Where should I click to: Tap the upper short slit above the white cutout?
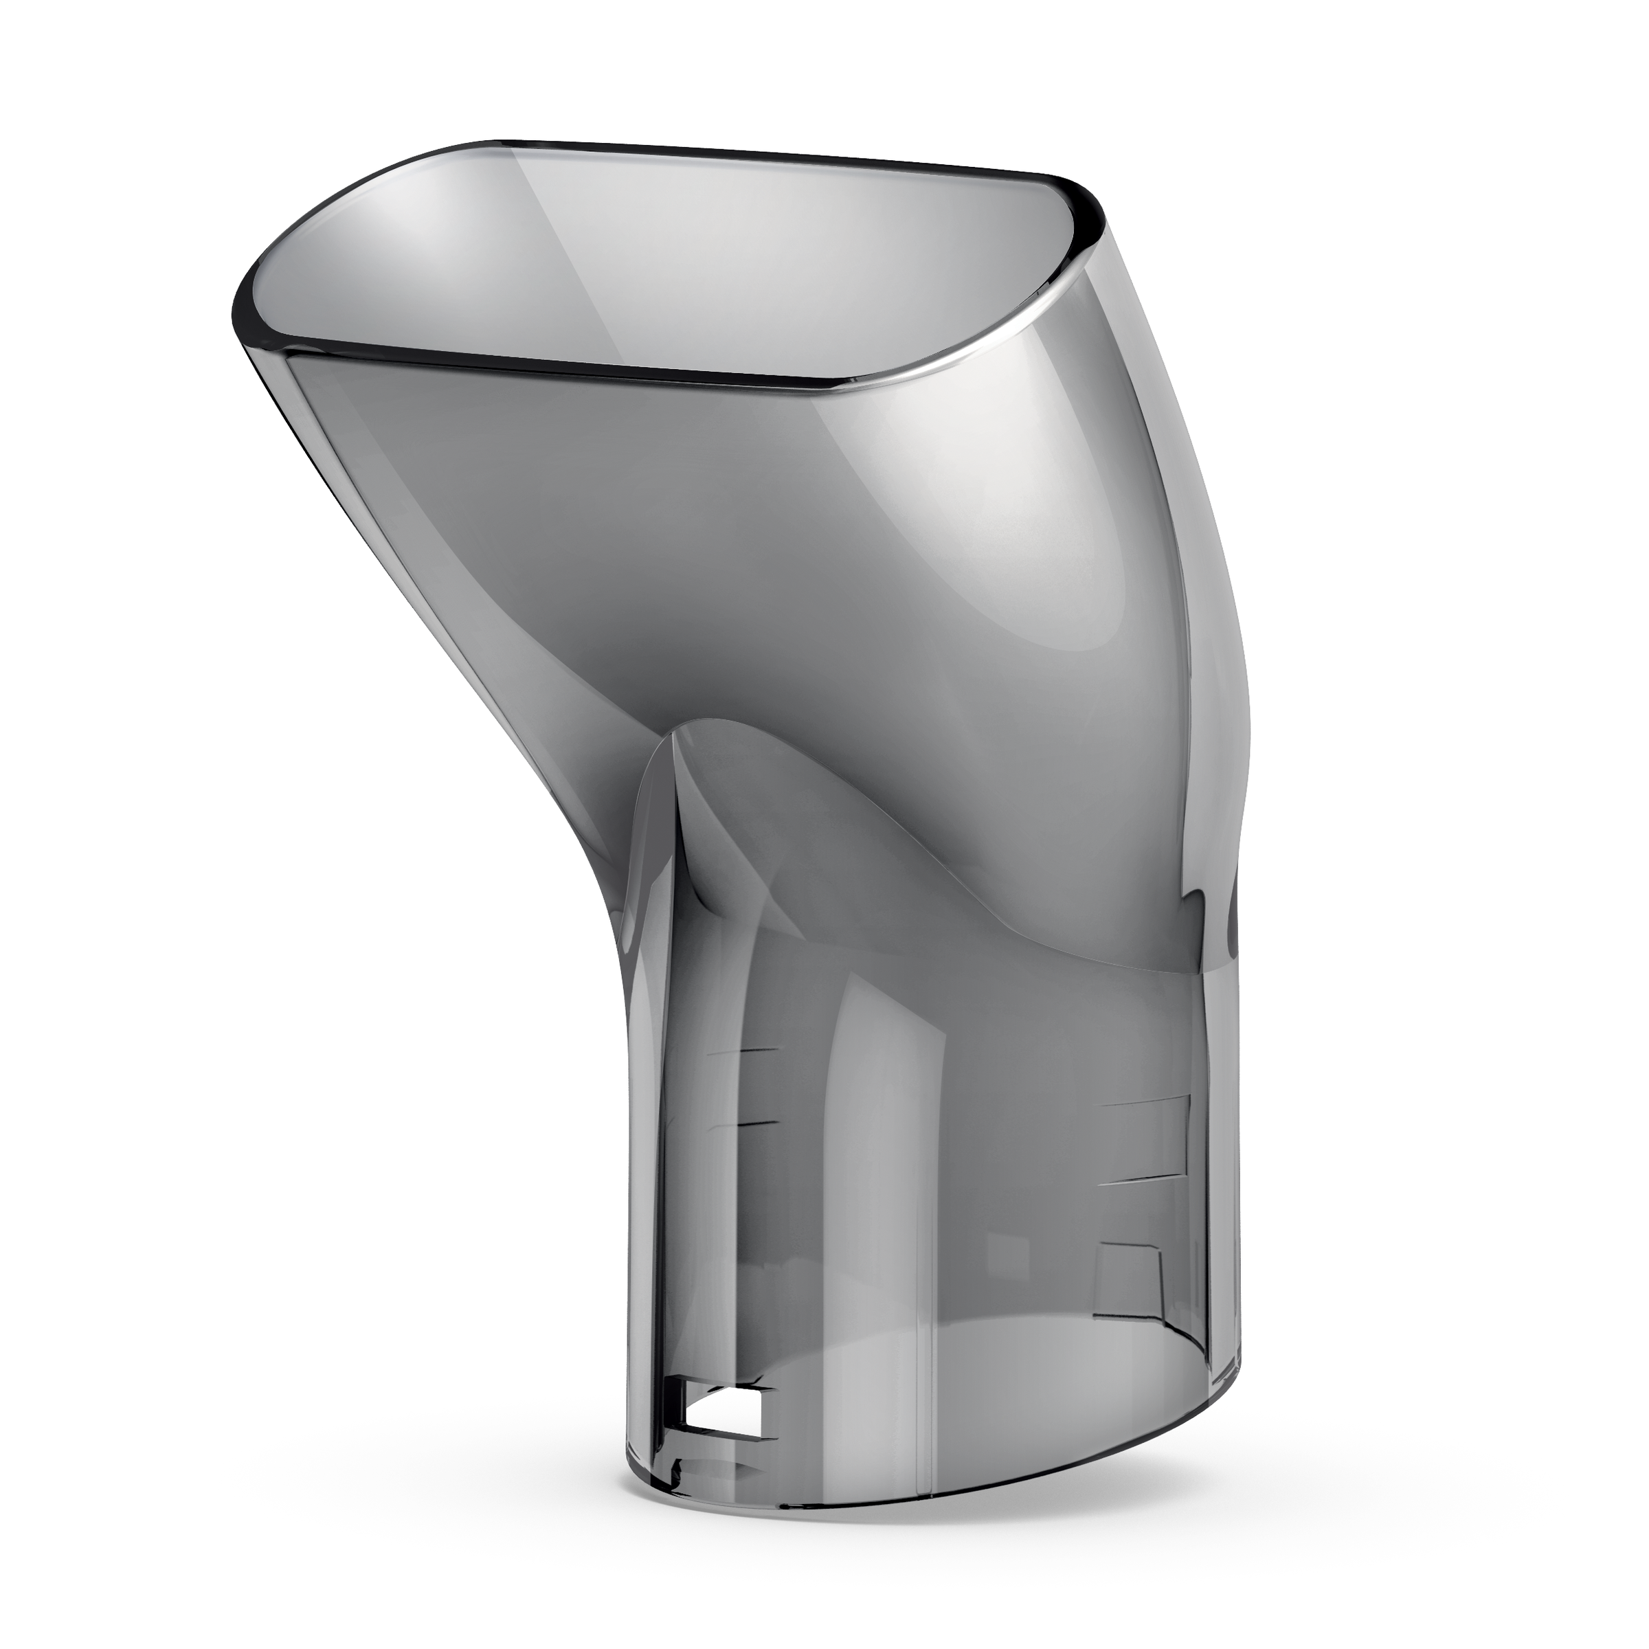pos(745,1051)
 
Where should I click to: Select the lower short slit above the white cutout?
pos(745,1125)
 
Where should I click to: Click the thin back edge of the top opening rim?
pos(768,154)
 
